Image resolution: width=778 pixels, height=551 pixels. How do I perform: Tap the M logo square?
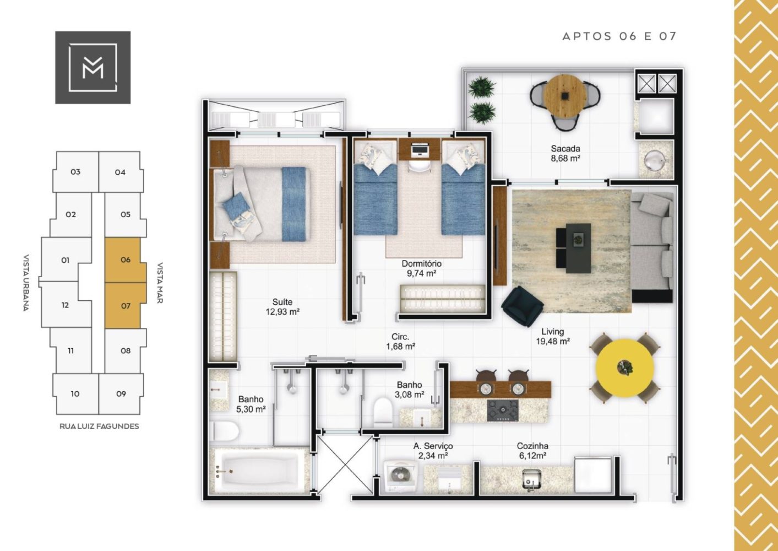click(93, 67)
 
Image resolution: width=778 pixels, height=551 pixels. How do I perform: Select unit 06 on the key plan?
click(126, 260)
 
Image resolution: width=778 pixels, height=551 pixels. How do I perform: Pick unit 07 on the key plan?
click(126, 306)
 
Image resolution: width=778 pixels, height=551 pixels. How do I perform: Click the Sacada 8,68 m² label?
click(565, 153)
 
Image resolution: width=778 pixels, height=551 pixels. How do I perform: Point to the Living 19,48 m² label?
click(552, 336)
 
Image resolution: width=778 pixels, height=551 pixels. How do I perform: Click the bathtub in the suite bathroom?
click(260, 471)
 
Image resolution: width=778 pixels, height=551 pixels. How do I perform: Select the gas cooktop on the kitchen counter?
click(502, 410)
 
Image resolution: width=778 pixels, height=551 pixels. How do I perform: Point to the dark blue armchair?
click(523, 306)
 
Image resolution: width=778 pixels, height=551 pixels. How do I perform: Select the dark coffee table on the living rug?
click(578, 248)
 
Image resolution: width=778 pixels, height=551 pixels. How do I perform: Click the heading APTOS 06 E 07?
click(619, 36)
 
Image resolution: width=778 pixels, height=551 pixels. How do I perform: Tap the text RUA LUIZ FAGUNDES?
click(99, 426)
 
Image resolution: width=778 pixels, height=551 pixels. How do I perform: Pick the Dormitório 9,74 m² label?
click(421, 268)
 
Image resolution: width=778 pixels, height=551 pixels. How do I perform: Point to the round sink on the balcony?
click(654, 160)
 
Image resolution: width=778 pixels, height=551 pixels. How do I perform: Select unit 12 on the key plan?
click(65, 305)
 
